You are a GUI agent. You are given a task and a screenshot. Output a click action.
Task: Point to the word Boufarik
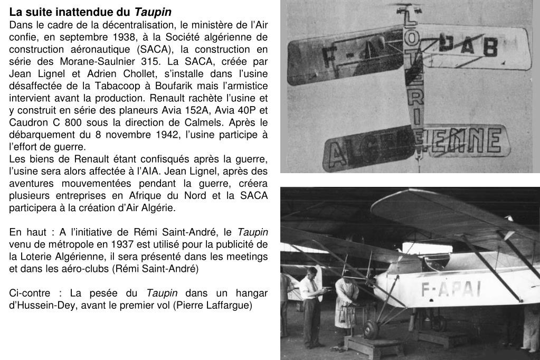click(x=183, y=86)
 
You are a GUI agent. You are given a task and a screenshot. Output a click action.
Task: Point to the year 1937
click(x=122, y=244)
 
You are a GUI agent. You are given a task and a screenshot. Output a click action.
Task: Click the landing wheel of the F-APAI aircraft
click(x=371, y=329)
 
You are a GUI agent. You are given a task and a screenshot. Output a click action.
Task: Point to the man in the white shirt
click(x=311, y=306)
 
